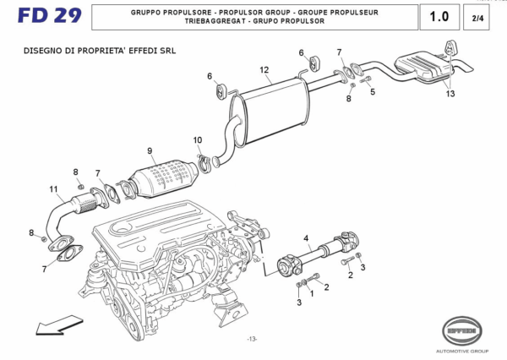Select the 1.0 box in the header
coord(439,16)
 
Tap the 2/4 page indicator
coord(477,17)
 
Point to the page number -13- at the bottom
coord(252,338)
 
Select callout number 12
coord(264,69)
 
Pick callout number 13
coord(450,94)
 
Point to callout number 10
coord(197,139)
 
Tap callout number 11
coord(52,188)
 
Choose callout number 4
coord(306,237)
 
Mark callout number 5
coord(372,91)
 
